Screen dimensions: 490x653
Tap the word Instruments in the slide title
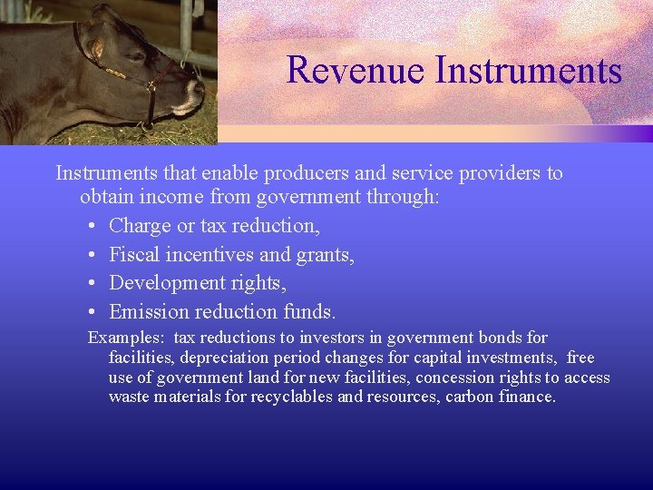(528, 70)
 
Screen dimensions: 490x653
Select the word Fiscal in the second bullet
(134, 254)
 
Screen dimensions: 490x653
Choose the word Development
(165, 283)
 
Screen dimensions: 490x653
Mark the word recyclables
(292, 397)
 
